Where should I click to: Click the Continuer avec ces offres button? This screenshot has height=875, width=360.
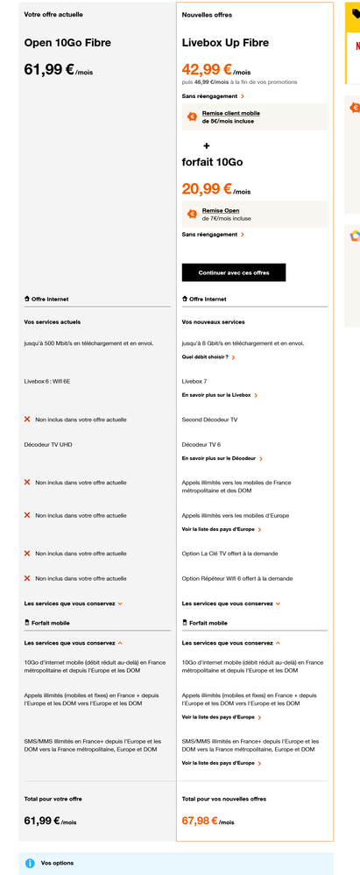(234, 272)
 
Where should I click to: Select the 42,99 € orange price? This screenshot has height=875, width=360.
(207, 69)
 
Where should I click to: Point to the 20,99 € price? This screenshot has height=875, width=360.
(207, 187)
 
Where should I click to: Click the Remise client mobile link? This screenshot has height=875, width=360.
(230, 113)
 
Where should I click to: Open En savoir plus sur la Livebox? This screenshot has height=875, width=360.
(219, 395)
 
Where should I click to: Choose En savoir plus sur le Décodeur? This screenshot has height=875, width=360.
(222, 458)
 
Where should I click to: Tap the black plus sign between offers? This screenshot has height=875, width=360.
(207, 145)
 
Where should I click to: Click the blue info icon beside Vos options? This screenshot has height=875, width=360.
(30, 863)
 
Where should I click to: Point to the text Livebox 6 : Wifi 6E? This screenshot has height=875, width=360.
(58, 381)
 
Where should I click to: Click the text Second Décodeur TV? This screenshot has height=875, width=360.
(209, 420)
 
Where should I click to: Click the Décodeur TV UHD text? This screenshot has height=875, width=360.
(48, 444)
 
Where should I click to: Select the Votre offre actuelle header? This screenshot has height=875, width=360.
(48, 15)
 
